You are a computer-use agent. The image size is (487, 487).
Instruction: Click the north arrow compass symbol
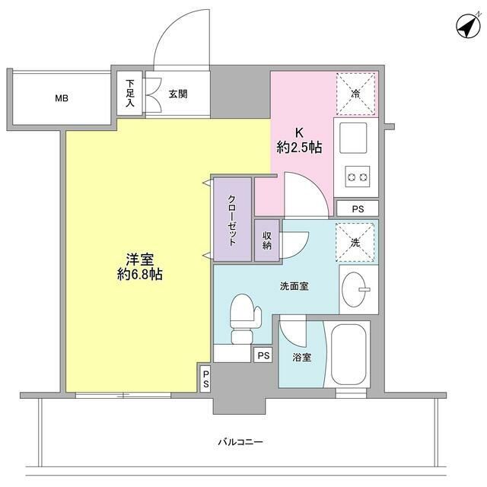coord(466,27)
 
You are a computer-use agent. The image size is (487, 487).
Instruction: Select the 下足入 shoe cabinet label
coord(130,93)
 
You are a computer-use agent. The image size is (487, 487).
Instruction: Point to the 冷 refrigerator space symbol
coord(355,94)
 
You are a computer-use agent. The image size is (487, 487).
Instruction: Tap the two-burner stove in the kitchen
coord(356,178)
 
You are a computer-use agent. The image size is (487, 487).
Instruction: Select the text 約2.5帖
coord(299,148)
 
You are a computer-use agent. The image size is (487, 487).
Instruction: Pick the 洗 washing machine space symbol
coord(355,242)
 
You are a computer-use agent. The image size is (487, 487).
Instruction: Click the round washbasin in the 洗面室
coord(355,288)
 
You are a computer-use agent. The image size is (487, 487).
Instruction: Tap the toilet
coord(242,317)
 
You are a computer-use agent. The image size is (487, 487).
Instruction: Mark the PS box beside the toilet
coord(263,355)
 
